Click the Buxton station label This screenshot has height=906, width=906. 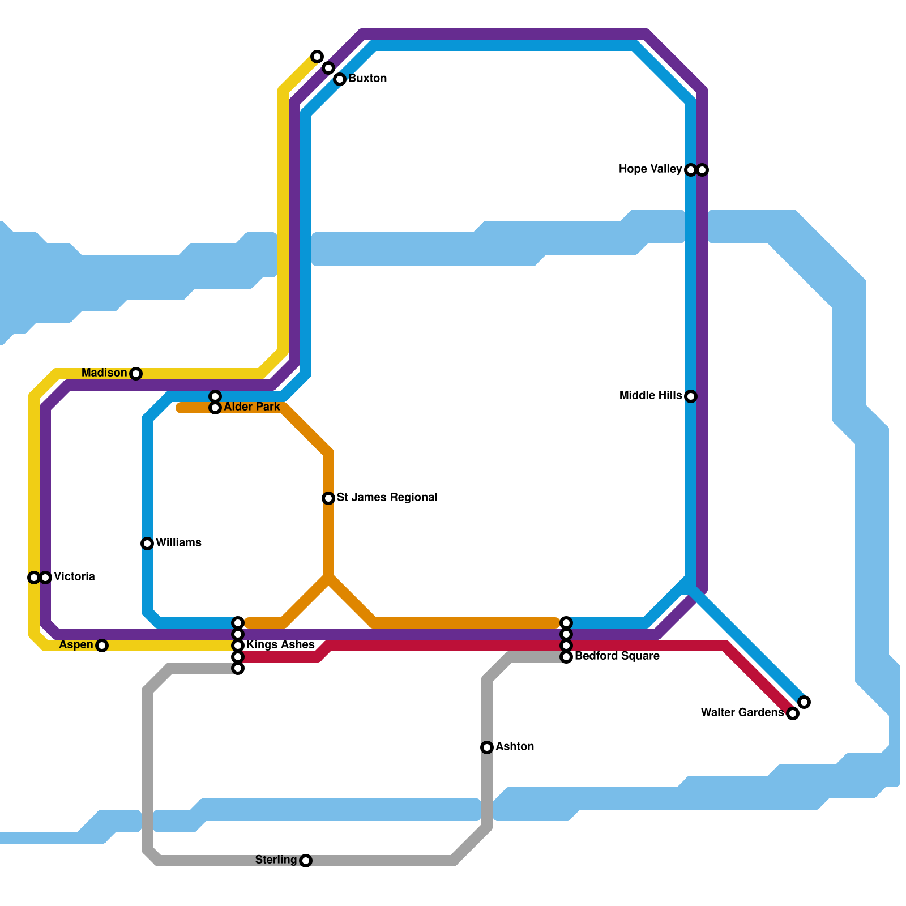[x=367, y=79]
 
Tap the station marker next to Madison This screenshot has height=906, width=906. [x=136, y=374]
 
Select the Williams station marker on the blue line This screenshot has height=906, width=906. [x=147, y=544]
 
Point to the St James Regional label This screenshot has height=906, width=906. [x=387, y=498]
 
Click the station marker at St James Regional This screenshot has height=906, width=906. [x=328, y=498]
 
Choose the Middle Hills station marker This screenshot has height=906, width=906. [x=691, y=396]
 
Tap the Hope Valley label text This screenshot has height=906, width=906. [x=650, y=169]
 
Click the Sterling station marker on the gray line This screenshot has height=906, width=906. [x=306, y=861]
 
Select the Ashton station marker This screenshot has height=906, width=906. [x=487, y=747]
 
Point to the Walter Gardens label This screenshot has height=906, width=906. [x=742, y=713]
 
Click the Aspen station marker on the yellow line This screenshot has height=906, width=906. [x=102, y=646]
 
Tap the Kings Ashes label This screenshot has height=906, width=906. [x=280, y=645]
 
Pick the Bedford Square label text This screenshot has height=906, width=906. [x=617, y=656]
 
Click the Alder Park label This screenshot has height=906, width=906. [x=251, y=407]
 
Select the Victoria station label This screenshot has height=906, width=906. [x=74, y=577]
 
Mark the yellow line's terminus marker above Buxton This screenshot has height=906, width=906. [x=317, y=57]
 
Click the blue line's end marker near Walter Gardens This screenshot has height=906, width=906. [x=804, y=702]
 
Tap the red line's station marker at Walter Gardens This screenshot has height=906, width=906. [x=793, y=713]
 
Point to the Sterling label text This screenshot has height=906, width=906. [x=276, y=860]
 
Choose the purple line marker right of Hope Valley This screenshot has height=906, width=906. [x=703, y=170]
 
